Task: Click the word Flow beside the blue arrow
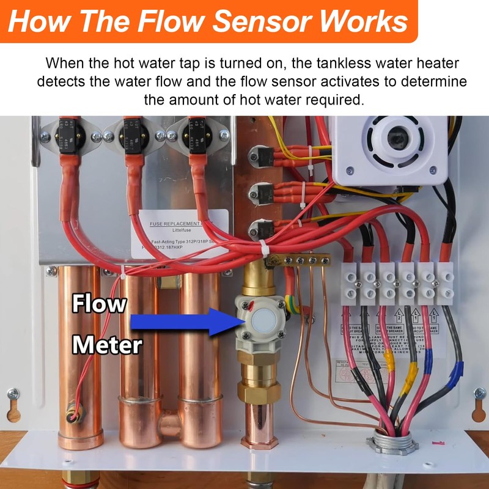99,304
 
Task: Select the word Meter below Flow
107,345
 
